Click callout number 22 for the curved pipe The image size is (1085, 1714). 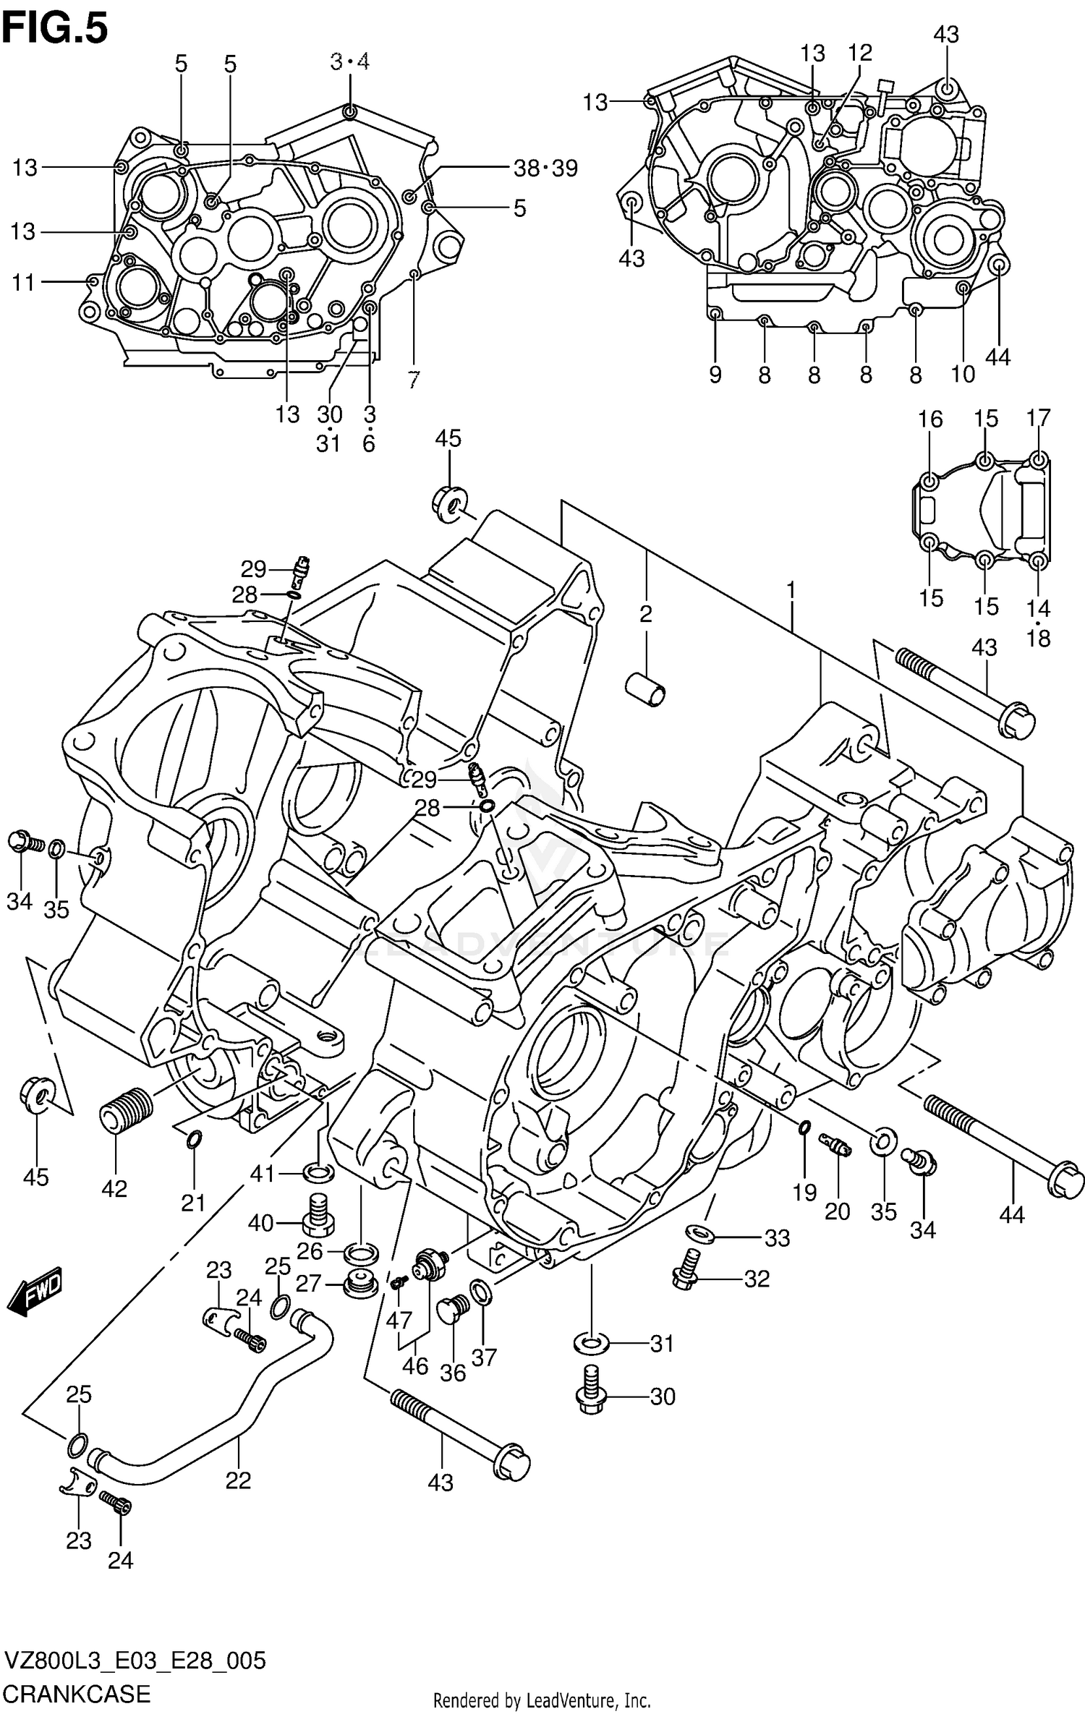[238, 1480]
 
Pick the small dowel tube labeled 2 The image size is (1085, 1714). [646, 689]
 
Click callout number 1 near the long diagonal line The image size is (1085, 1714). [791, 591]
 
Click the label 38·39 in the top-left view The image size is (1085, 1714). [545, 169]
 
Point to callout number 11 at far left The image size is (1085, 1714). [24, 282]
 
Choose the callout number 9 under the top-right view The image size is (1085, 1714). [715, 375]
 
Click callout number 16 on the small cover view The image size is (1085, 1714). [931, 419]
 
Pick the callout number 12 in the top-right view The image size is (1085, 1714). [861, 52]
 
